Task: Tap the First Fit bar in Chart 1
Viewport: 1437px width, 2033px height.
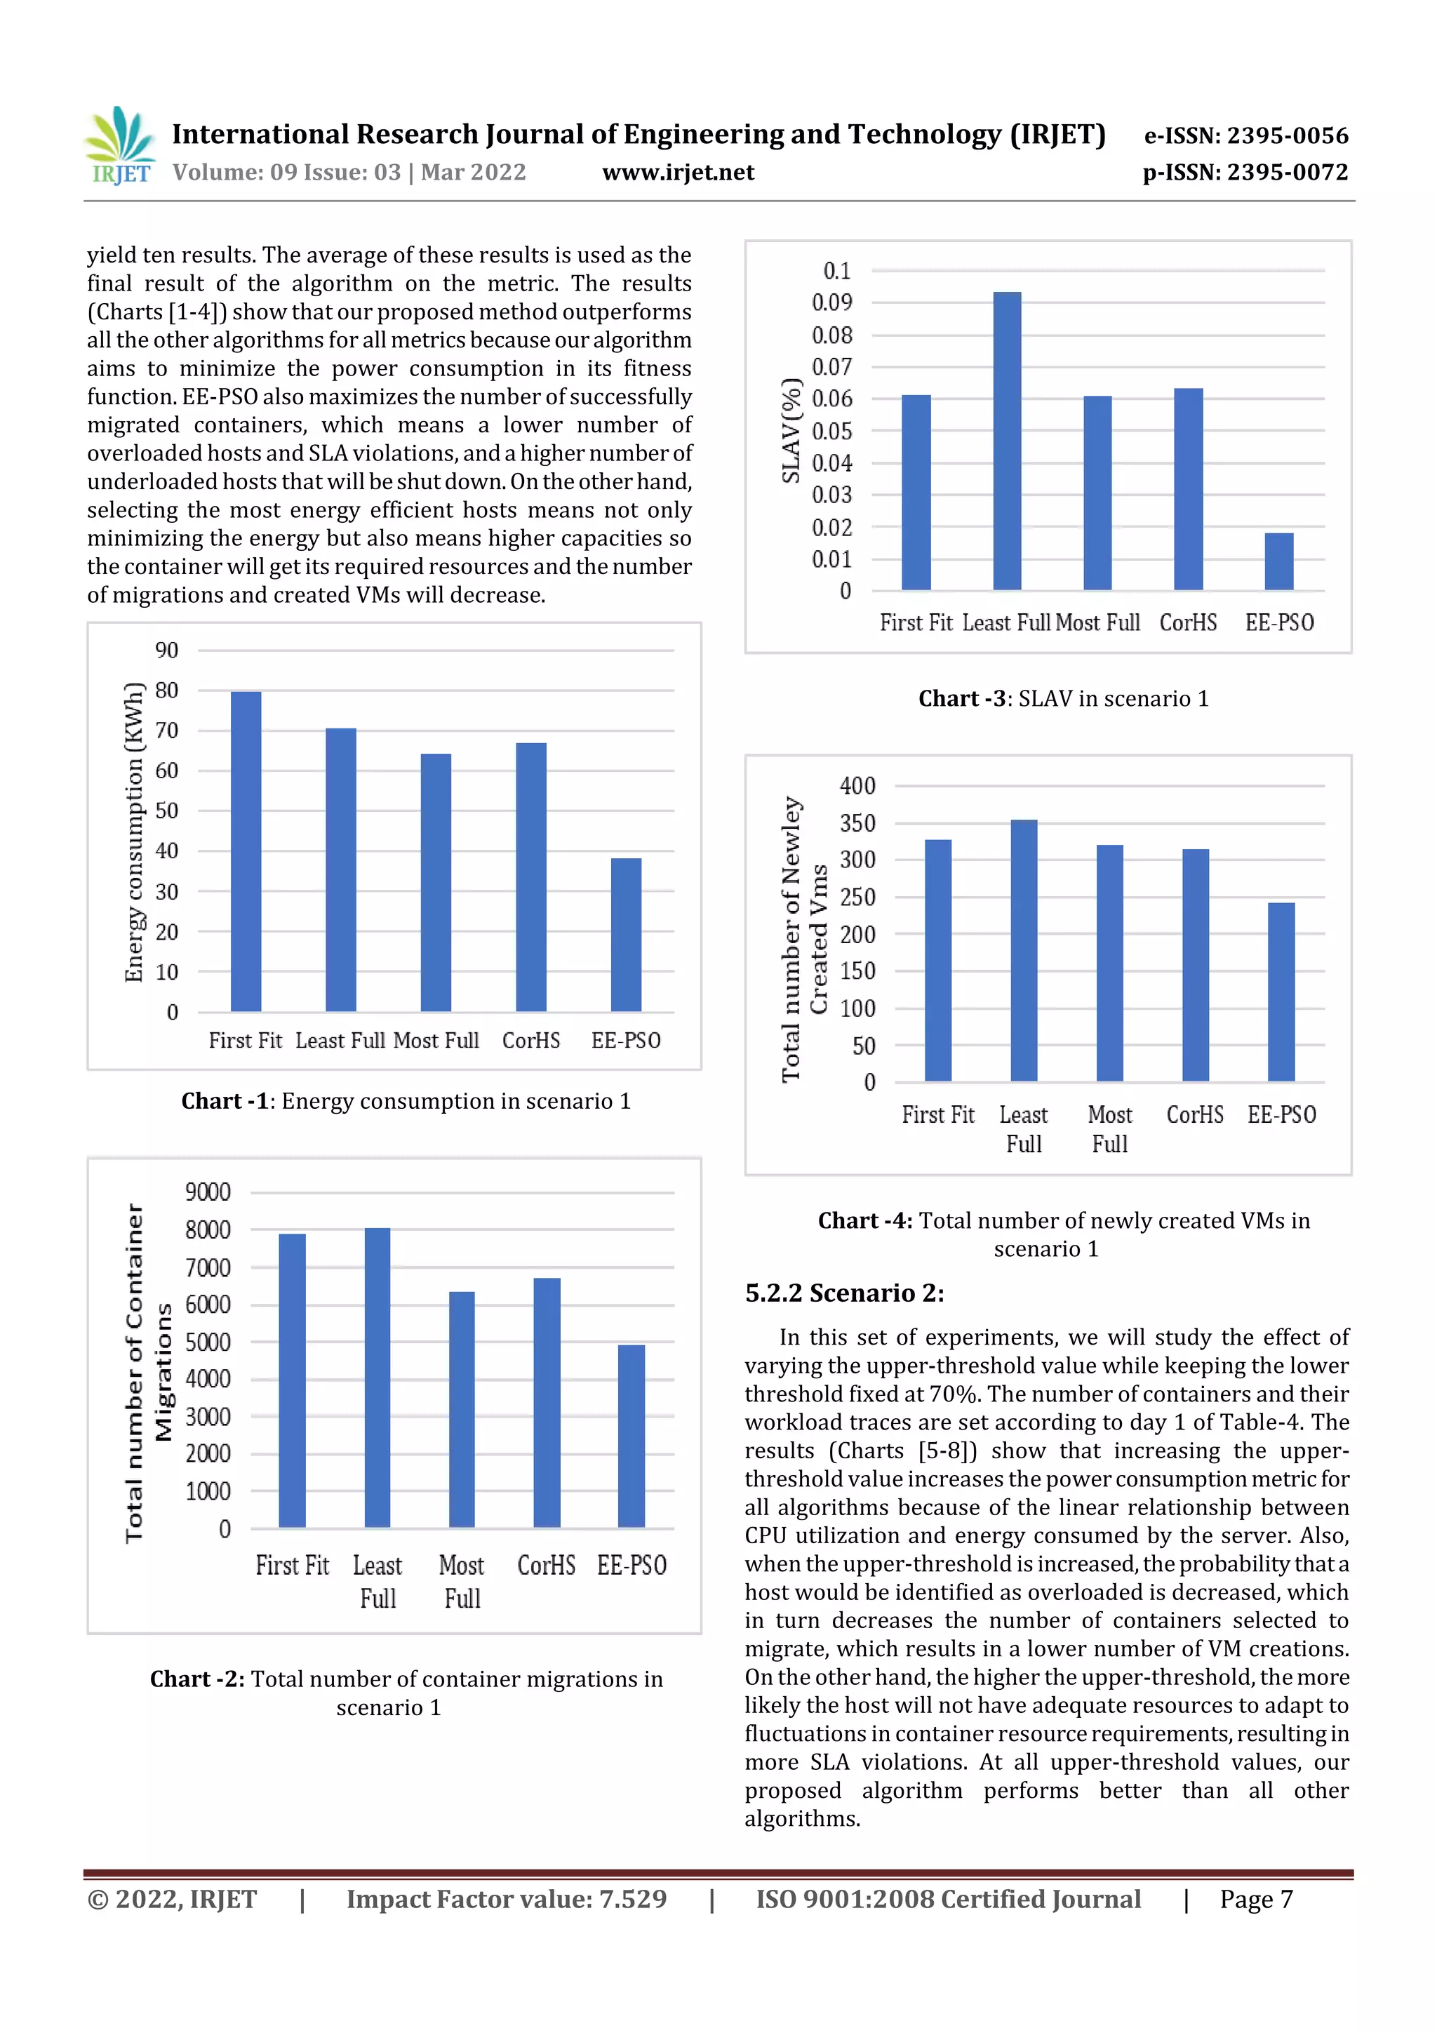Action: point(246,851)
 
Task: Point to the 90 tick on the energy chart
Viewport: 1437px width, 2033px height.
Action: point(166,650)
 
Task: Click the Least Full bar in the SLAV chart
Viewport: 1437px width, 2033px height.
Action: point(1007,441)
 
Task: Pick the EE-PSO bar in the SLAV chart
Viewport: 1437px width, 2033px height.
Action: point(1278,561)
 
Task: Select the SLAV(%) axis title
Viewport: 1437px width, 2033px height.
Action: point(791,431)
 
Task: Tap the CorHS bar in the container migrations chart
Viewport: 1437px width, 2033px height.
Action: point(547,1403)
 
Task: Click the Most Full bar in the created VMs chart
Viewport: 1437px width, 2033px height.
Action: point(1109,963)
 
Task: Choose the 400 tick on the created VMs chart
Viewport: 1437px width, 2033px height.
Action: point(857,785)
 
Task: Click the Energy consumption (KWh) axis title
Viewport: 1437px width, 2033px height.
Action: point(134,832)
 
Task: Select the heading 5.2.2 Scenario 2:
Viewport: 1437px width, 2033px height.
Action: point(844,1293)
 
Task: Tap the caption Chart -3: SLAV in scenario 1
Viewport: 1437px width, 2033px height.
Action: point(1062,699)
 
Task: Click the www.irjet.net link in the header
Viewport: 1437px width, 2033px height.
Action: point(679,172)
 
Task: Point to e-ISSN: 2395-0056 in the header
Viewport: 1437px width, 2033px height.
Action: point(1245,135)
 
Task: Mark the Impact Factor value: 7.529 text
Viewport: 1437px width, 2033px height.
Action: point(506,1898)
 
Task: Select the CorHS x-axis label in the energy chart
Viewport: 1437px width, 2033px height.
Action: point(531,1041)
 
